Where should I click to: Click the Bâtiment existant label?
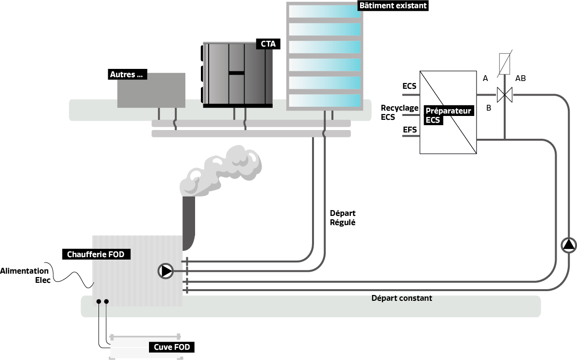click(393, 5)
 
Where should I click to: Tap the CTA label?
click(268, 44)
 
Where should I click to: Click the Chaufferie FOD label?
click(96, 254)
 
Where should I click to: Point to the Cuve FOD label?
click(171, 347)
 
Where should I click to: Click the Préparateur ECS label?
click(448, 115)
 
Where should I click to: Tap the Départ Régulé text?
click(343, 218)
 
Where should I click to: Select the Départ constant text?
click(401, 298)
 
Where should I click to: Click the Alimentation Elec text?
click(25, 275)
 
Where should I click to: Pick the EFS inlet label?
click(410, 130)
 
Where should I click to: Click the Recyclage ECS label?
click(399, 112)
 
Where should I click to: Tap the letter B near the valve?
click(489, 108)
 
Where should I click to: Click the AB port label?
click(520, 78)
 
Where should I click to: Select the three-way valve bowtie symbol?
click(505, 94)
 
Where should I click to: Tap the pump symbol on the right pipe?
click(569, 245)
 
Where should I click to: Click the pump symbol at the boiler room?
click(166, 271)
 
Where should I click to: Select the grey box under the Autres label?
click(151, 92)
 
